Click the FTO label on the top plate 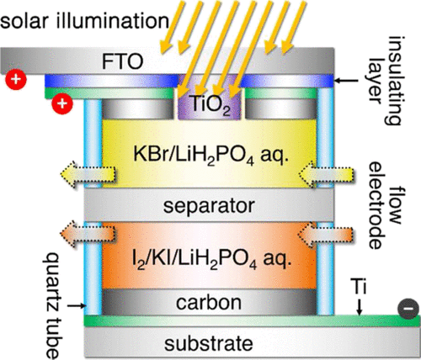[122, 61]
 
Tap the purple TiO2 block [210, 105]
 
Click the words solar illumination [84, 20]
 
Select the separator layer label [209, 206]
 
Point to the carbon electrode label [209, 303]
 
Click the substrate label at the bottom [209, 343]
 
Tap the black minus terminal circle [408, 309]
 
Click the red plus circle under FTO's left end [16, 79]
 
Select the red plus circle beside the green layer [62, 103]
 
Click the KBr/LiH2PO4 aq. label [210, 155]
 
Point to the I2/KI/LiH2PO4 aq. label [212, 259]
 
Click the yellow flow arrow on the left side [88, 174]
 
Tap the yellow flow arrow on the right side [326, 174]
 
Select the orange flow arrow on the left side [88, 234]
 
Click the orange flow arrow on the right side [326, 234]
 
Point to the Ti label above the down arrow [358, 286]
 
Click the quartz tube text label [52, 305]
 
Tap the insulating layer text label [384, 81]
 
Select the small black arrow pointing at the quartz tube [76, 306]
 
